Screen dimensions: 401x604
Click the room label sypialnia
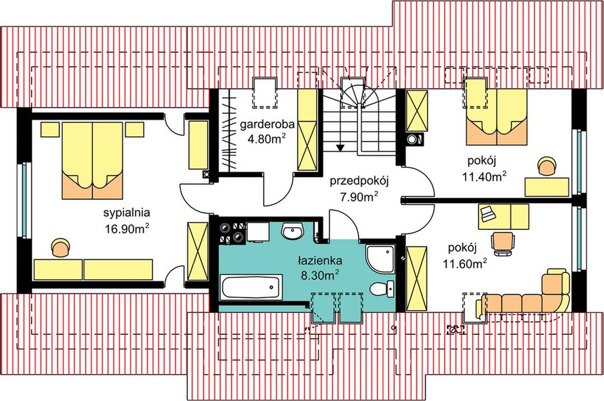click(126, 214)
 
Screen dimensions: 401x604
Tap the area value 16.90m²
click(126, 229)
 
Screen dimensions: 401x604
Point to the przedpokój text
click(359, 180)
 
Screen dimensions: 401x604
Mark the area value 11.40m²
click(483, 176)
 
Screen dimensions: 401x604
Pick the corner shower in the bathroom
click(382, 257)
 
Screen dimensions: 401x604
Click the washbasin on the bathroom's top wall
click(293, 232)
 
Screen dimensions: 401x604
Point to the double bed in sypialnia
click(93, 160)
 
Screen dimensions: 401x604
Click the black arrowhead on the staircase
click(341, 146)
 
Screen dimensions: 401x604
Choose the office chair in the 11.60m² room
click(503, 241)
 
